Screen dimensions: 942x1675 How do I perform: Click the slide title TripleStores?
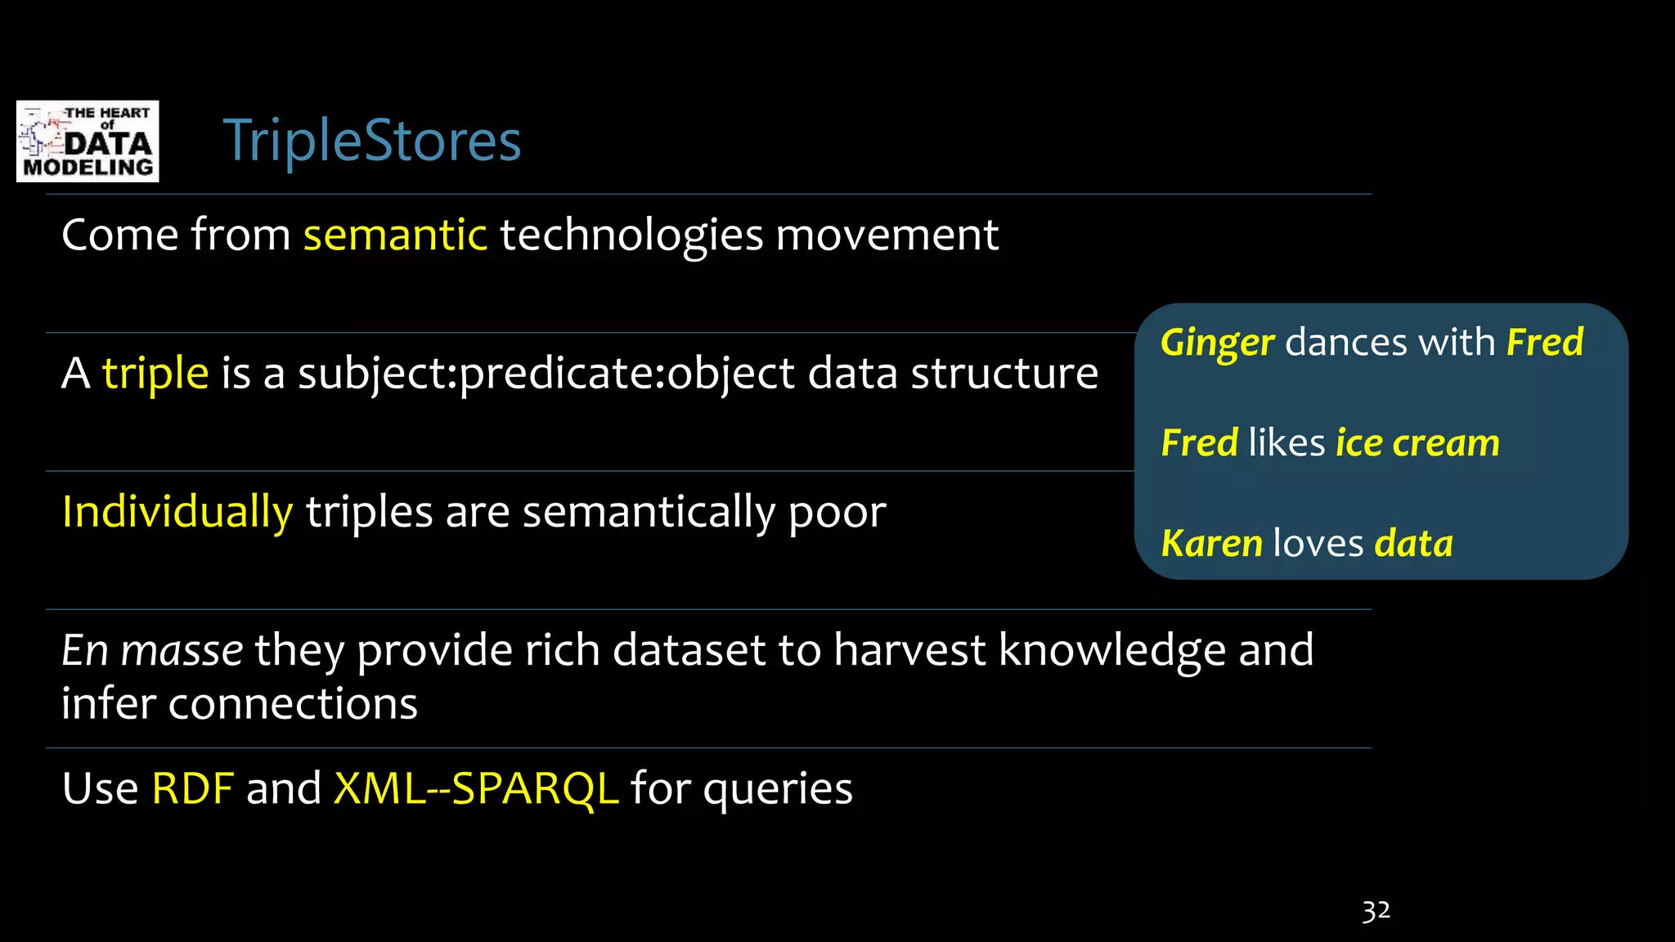(371, 141)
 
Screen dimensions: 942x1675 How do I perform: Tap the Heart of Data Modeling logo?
(88, 141)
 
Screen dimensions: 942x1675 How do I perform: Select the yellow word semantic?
(395, 235)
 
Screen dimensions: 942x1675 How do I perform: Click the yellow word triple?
(155, 375)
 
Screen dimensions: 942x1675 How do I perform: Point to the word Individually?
(177, 513)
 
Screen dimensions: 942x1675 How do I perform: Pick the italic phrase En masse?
(152, 651)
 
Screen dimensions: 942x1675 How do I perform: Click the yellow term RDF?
(193, 789)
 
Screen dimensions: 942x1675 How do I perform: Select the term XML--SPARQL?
(475, 789)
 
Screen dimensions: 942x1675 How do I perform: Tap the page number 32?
(1376, 911)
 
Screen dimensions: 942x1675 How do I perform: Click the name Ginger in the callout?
(1217, 343)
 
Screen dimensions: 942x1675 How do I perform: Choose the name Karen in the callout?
(1211, 544)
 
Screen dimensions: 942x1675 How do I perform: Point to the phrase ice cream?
(1417, 443)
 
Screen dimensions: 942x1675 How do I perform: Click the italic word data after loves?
(1413, 544)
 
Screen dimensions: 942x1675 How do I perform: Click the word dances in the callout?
(1345, 343)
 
